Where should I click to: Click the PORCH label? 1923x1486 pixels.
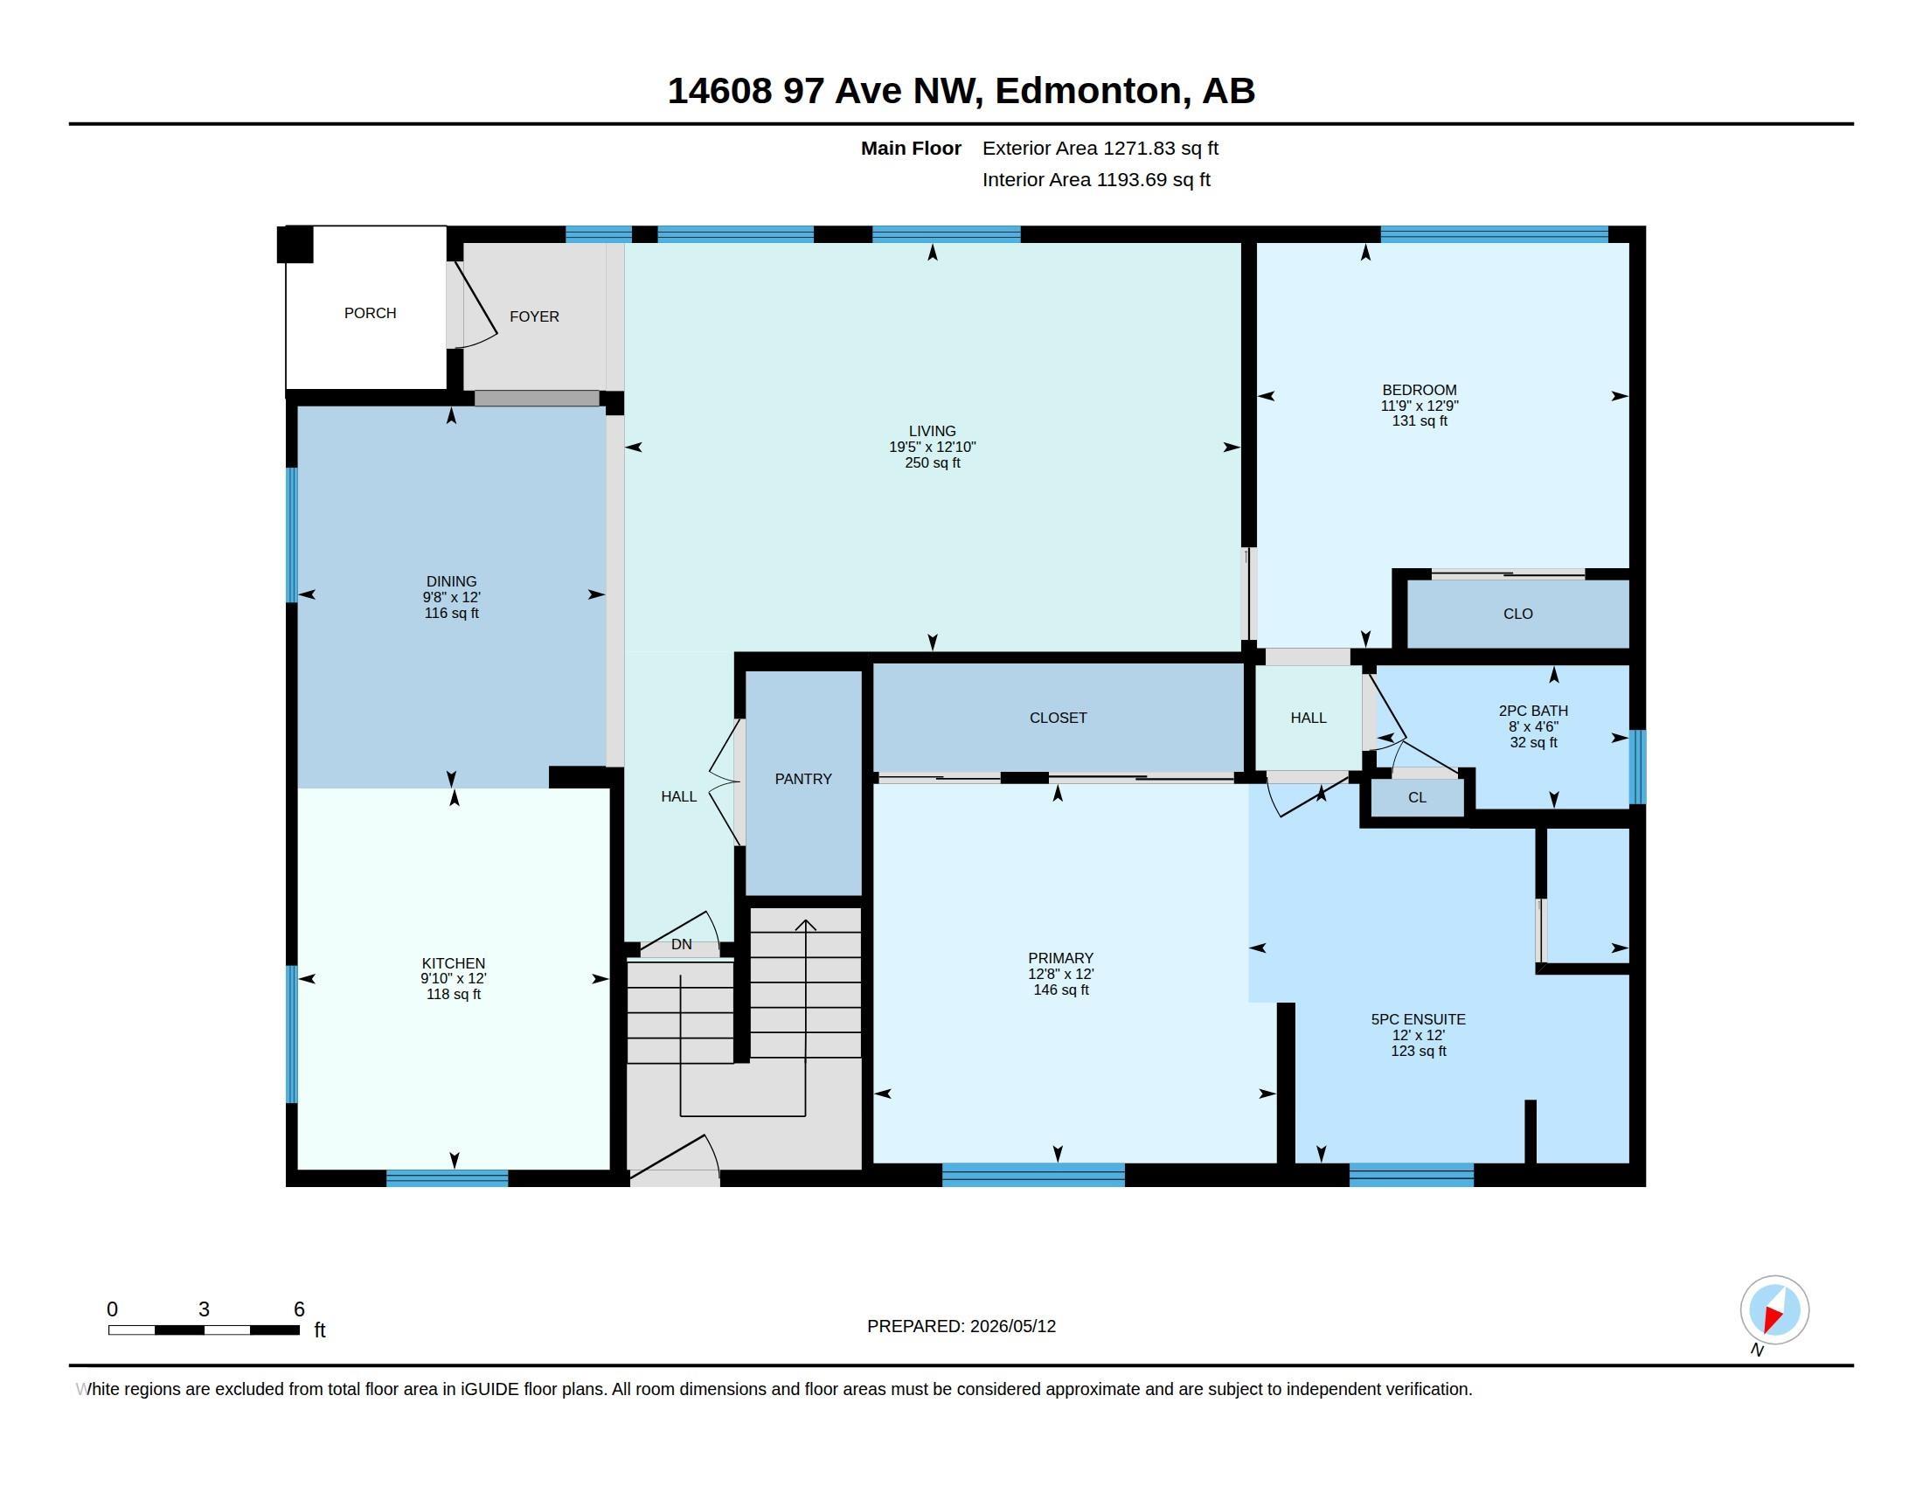coord(370,314)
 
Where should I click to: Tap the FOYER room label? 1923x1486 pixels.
coord(534,317)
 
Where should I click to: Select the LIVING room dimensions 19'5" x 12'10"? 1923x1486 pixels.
coord(933,448)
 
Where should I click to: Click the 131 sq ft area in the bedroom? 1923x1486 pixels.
coord(1420,421)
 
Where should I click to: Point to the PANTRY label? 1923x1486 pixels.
coord(803,779)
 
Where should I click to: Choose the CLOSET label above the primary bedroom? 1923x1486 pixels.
coord(1059,719)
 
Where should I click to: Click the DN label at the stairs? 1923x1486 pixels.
coord(682,945)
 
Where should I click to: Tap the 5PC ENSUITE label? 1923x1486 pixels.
coord(1419,1019)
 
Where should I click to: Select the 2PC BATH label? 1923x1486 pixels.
coord(1534,712)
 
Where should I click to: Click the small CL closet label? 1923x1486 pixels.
coord(1417,797)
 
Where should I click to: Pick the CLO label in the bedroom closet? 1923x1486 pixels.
coord(1518,615)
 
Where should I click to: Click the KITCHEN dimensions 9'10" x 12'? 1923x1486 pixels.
coord(454,979)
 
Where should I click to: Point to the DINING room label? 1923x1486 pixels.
coord(452,582)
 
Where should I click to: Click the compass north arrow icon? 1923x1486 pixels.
coord(1774,1310)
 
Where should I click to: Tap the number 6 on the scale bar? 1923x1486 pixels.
coord(299,1309)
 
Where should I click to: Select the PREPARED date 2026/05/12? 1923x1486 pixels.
coord(1012,1327)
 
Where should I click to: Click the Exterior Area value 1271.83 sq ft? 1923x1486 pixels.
coord(1161,149)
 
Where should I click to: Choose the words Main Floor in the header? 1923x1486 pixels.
coord(912,149)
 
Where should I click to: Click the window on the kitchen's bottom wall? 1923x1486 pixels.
coord(448,1178)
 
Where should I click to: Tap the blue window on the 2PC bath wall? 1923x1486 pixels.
coord(1637,767)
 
